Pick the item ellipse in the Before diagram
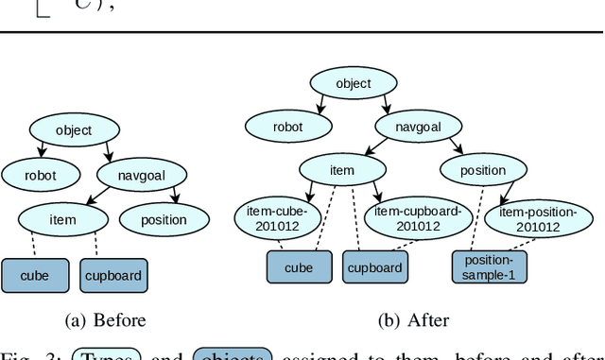(x=61, y=220)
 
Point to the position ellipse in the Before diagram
(x=164, y=220)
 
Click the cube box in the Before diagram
(x=37, y=276)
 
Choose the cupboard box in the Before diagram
(x=113, y=276)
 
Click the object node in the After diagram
(x=353, y=83)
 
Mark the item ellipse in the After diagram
(x=342, y=171)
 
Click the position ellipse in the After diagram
(x=483, y=171)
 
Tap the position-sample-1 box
(x=490, y=267)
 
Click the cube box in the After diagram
(x=300, y=267)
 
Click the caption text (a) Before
(x=105, y=320)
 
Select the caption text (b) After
(x=413, y=320)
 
